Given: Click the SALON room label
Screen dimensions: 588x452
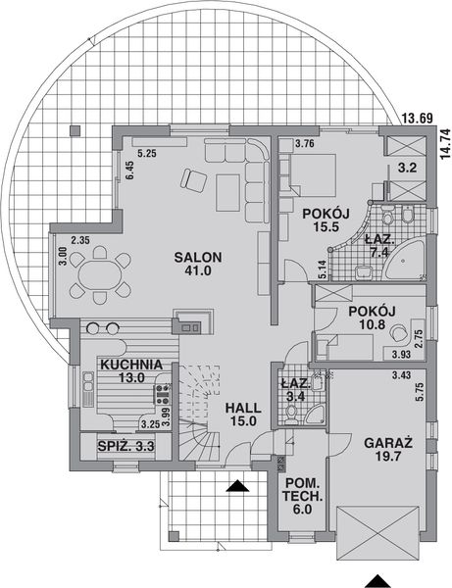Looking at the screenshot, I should tap(199, 257).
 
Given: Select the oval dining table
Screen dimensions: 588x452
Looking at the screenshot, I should tap(99, 274).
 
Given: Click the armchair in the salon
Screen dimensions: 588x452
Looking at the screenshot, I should tap(192, 179).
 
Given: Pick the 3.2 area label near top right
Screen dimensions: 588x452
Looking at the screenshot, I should tap(408, 168).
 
